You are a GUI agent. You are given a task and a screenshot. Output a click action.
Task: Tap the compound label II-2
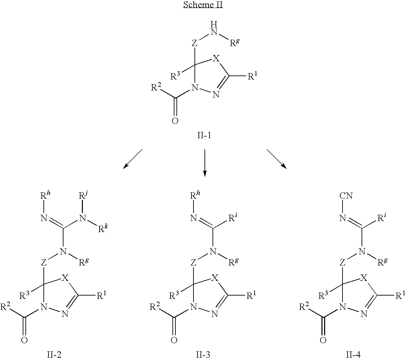coord(54,354)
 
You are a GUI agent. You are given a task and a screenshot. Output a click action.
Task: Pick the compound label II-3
coord(204,354)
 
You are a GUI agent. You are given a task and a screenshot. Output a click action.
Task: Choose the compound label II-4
coord(353,354)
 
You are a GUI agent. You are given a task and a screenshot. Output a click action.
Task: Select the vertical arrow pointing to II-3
coord(205,163)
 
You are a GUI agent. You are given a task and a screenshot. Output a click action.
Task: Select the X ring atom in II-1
coord(216,59)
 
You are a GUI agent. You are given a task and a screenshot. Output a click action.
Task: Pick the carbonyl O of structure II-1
coord(175,121)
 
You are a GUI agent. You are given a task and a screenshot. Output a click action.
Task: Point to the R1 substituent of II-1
coord(253,76)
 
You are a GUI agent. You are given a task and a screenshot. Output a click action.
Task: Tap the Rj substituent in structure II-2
coord(83,195)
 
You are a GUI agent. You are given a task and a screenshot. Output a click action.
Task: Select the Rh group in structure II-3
coord(194,195)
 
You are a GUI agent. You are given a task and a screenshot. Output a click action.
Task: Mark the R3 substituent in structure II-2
coord(25,296)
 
